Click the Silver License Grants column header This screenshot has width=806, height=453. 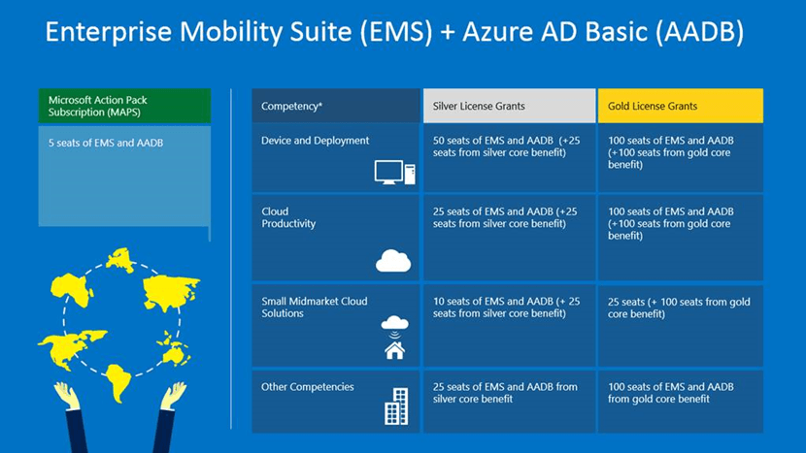(510, 106)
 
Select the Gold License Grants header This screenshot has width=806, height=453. (680, 106)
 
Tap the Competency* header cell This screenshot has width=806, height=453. (336, 106)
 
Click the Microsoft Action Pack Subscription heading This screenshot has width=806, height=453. (124, 106)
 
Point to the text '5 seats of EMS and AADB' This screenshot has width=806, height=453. (106, 143)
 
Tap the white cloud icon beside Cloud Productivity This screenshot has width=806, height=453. (393, 260)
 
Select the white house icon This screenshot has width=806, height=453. (395, 351)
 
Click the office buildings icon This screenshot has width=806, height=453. (396, 406)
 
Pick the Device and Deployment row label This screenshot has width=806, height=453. (315, 141)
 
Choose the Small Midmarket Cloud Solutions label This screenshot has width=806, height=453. (314, 307)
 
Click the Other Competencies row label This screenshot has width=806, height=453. (308, 387)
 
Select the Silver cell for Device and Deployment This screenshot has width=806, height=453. (510, 158)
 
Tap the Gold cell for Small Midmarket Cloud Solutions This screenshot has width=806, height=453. (680, 326)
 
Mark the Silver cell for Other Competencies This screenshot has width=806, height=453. (510, 402)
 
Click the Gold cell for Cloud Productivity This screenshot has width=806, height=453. (680, 238)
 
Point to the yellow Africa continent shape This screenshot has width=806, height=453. (71, 290)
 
